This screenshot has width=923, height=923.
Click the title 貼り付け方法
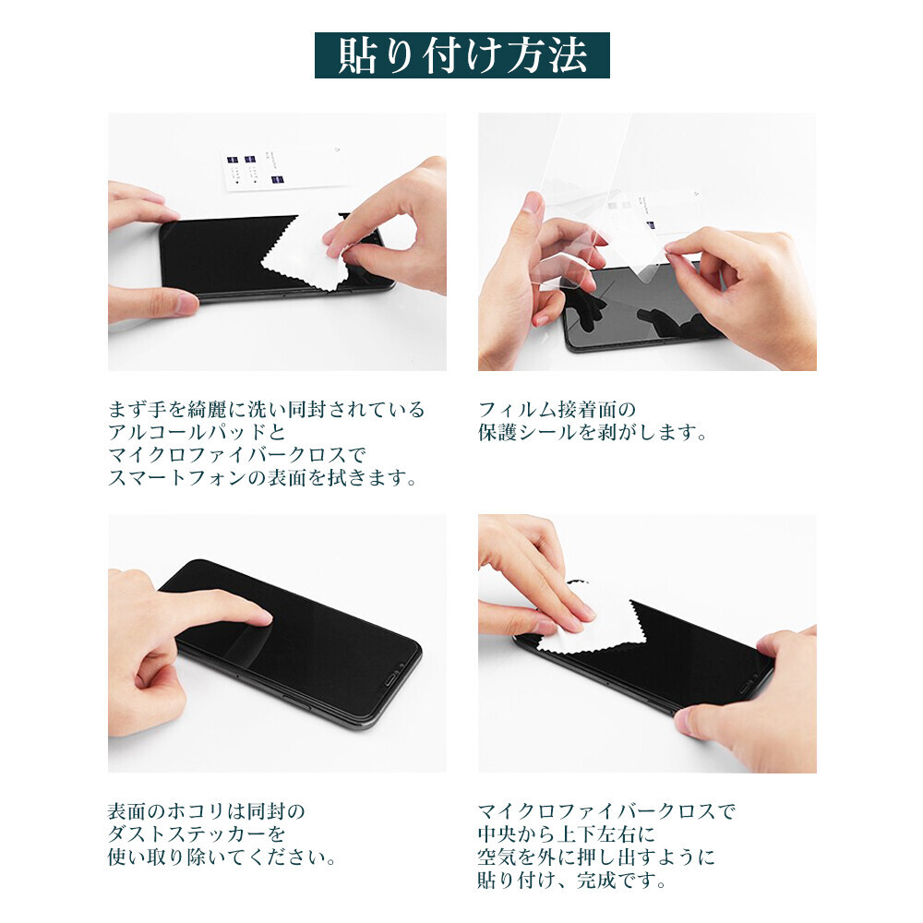tap(462, 55)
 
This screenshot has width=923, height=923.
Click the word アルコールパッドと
tap(197, 432)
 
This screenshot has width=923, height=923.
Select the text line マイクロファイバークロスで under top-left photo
tap(237, 455)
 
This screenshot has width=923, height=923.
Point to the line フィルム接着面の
tap(557, 409)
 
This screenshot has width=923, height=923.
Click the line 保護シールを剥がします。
tap(593, 432)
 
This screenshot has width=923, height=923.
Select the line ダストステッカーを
tap(197, 834)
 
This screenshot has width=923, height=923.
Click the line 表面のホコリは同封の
tap(207, 811)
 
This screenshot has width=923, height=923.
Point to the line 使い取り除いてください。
tap(222, 857)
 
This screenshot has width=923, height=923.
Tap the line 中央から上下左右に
tap(567, 834)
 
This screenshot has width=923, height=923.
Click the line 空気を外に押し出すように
tap(596, 857)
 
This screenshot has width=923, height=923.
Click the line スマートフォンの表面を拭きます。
tap(263, 478)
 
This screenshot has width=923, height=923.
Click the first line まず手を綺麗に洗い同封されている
tap(266, 409)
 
